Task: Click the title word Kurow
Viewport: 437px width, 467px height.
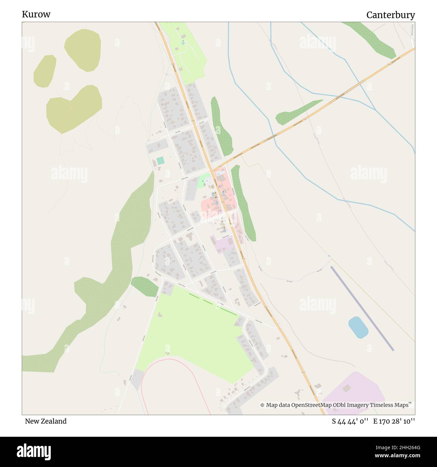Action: coord(36,14)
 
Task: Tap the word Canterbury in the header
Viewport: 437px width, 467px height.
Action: coord(390,15)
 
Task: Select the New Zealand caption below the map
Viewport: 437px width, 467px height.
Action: coord(46,421)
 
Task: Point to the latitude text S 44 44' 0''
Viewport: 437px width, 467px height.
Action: coord(350,421)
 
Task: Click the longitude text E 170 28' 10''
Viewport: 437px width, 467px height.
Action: coord(394,421)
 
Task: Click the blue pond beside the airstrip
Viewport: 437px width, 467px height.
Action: coord(358,327)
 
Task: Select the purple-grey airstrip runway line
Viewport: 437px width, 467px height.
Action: coord(362,308)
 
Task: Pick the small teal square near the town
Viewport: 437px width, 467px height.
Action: coord(161,161)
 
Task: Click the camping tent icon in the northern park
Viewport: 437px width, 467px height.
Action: coord(183,42)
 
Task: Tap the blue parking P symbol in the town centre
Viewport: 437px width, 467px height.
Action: coord(206,180)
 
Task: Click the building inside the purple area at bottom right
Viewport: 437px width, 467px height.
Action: coord(347,388)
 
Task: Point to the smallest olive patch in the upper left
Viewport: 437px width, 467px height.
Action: coord(45,71)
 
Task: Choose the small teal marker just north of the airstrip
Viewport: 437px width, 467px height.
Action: coord(329,256)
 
